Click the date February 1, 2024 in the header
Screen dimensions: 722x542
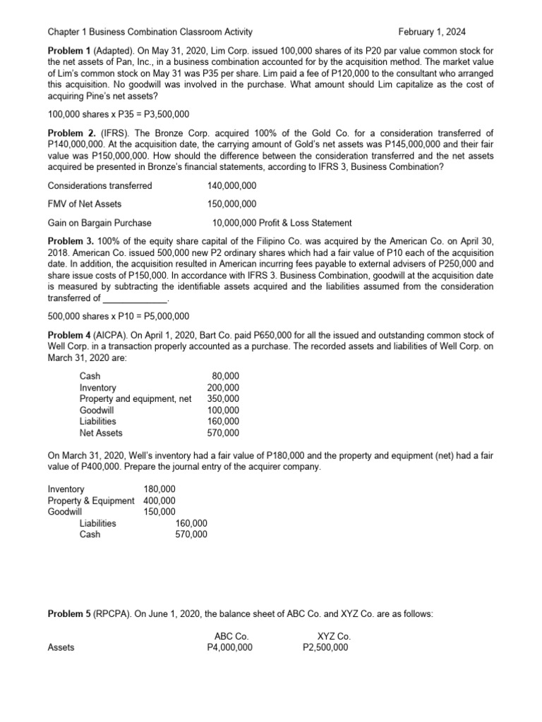(x=432, y=32)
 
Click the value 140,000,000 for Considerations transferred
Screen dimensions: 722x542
(x=232, y=185)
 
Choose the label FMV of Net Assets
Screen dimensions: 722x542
(x=84, y=204)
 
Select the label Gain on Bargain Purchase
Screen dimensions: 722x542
(x=100, y=223)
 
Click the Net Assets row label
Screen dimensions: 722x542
(x=101, y=433)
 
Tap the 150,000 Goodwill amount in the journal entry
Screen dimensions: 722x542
(x=159, y=512)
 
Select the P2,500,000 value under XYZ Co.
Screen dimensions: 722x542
(x=325, y=647)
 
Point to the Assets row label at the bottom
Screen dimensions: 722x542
(x=61, y=647)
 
